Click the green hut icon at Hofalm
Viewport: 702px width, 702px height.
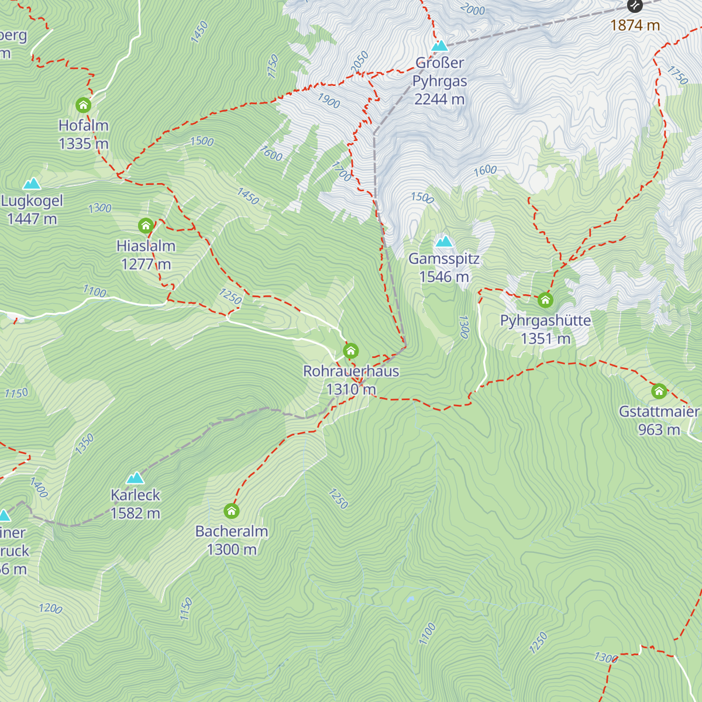pos(84,105)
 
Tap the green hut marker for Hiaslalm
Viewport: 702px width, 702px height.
pos(146,226)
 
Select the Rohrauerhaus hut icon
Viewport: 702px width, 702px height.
pos(351,351)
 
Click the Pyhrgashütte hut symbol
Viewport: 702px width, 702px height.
pos(545,300)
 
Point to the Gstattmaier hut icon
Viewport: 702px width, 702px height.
pos(659,391)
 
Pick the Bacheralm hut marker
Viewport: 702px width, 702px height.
pos(232,511)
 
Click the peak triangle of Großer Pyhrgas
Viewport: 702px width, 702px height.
pos(439,46)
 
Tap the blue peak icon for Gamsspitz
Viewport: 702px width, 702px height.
pos(444,241)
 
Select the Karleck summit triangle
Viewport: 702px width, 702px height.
pos(135,478)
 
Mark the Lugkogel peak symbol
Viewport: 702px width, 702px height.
pos(32,184)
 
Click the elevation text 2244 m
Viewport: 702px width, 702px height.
pos(439,99)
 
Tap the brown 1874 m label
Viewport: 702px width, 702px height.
pos(635,25)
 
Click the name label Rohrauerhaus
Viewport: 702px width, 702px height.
pos(351,371)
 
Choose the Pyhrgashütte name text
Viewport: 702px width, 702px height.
pos(545,321)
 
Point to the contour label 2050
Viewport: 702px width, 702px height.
pos(360,62)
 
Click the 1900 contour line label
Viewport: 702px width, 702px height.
pos(329,101)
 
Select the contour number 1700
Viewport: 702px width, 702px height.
pos(342,171)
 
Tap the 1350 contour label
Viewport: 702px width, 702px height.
pos(84,444)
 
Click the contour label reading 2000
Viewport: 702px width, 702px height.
pos(473,9)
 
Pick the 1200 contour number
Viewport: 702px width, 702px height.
pos(50,608)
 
